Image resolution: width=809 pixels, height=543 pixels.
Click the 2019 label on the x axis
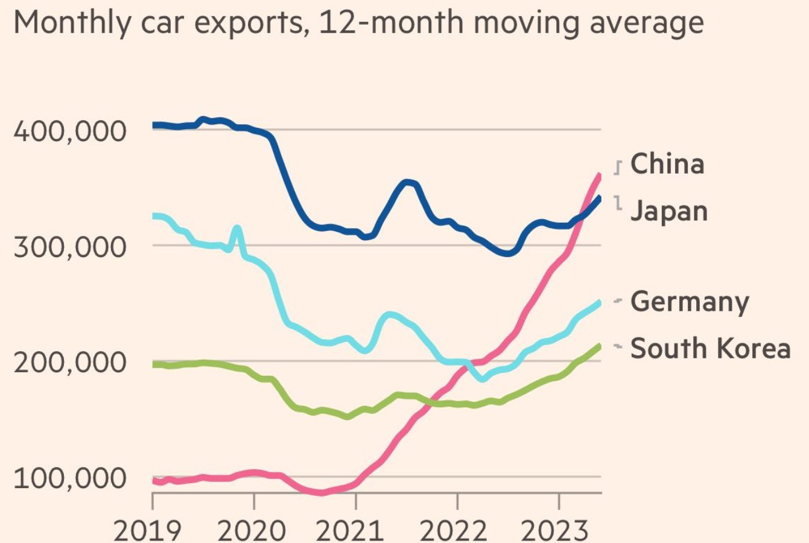click(x=147, y=531)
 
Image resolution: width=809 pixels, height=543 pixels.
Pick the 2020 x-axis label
click(x=251, y=531)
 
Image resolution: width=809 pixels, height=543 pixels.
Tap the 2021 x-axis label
click(x=350, y=531)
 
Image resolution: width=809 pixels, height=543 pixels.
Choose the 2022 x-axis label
click(x=452, y=531)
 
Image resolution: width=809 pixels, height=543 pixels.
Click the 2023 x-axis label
click(x=554, y=531)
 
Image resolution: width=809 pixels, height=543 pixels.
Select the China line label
click(x=667, y=164)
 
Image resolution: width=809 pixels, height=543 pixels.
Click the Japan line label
click(x=668, y=212)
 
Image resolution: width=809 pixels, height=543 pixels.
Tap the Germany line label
click(x=689, y=302)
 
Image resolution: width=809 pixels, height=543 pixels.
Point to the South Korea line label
click(x=709, y=349)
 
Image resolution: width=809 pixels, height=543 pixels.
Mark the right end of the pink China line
click(x=600, y=175)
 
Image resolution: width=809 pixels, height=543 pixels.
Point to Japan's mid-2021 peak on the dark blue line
click(x=408, y=182)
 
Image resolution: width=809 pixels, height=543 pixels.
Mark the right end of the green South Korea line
click(x=600, y=345)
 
